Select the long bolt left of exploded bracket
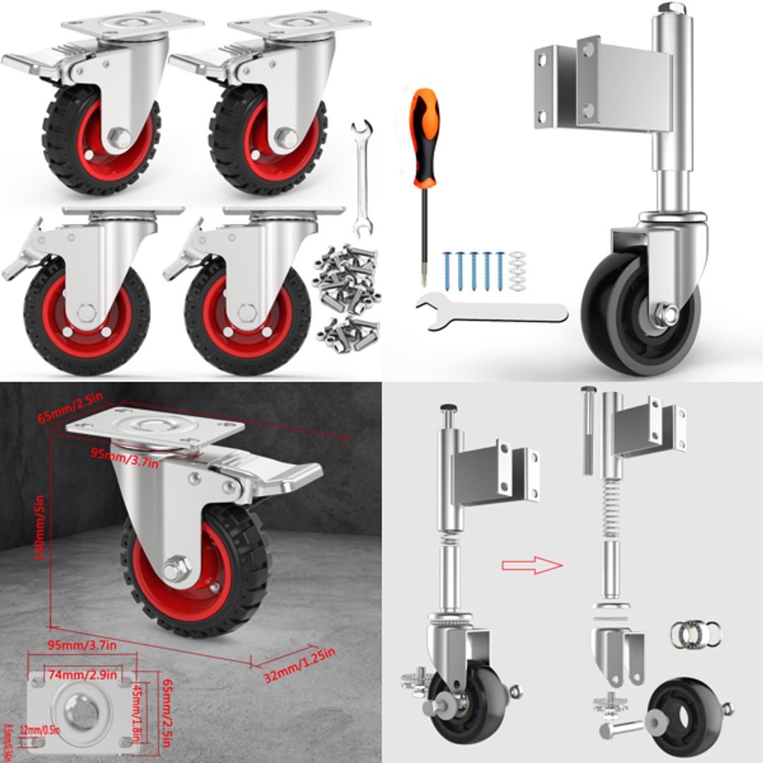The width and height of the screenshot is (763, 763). (x=586, y=431)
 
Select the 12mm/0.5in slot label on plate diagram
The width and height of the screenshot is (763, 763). (x=40, y=730)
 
